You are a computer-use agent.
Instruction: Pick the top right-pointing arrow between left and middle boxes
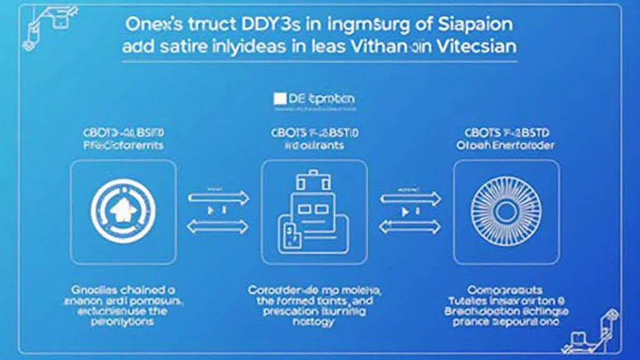pos(219,197)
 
